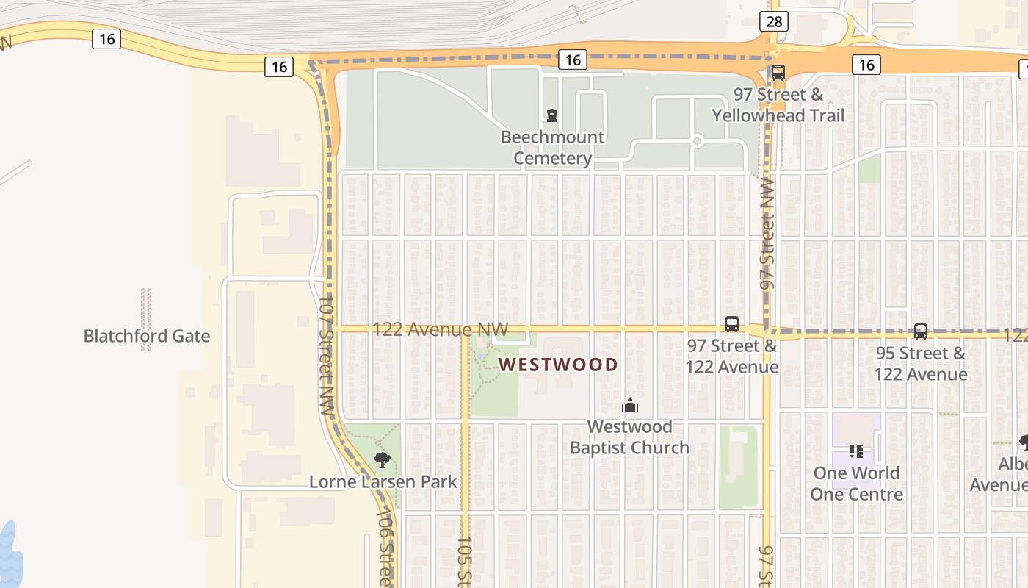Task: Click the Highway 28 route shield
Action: [775, 21]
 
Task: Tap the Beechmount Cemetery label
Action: [552, 148]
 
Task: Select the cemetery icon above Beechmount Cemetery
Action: [551, 115]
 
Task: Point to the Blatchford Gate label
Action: [147, 337]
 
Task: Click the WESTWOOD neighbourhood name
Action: [559, 365]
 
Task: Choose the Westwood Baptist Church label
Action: [629, 437]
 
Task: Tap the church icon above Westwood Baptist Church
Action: [629, 405]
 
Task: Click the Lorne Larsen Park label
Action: [383, 482]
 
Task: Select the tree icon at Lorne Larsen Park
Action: [382, 460]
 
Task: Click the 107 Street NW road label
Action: [327, 356]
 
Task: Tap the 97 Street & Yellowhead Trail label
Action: [778, 105]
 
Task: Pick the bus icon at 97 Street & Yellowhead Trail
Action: [778, 73]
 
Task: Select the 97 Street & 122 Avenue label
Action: [732, 356]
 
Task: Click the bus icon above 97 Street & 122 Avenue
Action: [731, 323]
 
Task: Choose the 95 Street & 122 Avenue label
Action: [920, 364]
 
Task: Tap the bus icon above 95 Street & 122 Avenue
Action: [921, 331]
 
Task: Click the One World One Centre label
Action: [856, 484]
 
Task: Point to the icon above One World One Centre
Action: [855, 451]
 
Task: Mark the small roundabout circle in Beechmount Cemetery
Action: [697, 140]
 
